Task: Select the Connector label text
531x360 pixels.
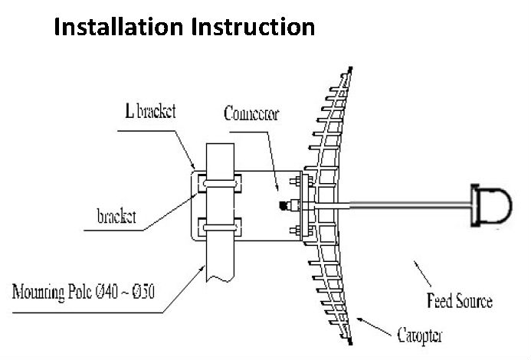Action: tap(251, 115)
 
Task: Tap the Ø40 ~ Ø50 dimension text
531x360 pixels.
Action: tap(145, 292)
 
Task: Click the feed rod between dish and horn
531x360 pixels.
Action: tap(406, 205)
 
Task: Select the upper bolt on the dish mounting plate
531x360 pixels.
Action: tap(294, 182)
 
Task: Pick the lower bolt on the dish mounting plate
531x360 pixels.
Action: tap(294, 229)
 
